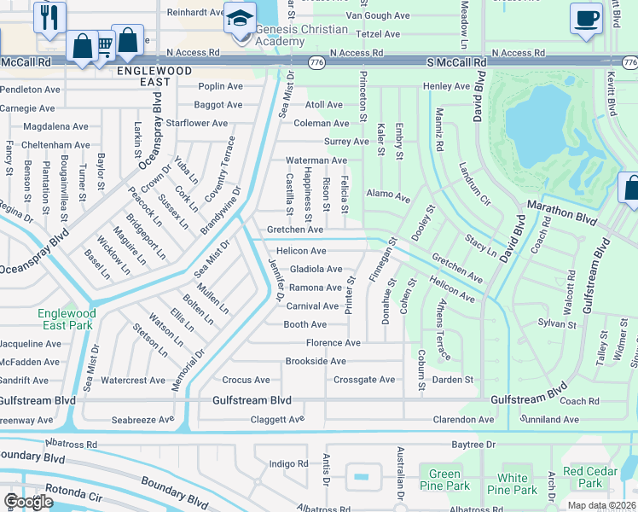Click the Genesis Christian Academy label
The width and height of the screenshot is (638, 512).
(x=290, y=36)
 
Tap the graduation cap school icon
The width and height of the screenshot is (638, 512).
(x=240, y=17)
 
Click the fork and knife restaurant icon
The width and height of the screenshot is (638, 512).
(x=49, y=16)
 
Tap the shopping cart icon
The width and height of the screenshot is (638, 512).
(x=104, y=44)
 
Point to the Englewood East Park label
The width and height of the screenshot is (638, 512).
(x=67, y=319)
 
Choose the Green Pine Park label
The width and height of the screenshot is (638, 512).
(x=444, y=480)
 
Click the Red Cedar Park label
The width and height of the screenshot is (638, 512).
(x=584, y=477)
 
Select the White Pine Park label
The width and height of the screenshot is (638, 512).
(x=513, y=484)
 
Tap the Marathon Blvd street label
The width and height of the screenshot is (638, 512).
(x=562, y=206)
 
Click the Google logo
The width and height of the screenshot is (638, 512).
(x=28, y=501)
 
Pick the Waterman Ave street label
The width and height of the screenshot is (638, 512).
(x=316, y=160)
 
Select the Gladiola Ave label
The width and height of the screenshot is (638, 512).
(x=316, y=269)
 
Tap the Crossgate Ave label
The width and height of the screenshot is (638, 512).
(x=364, y=380)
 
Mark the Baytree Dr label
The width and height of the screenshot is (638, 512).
(x=473, y=445)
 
